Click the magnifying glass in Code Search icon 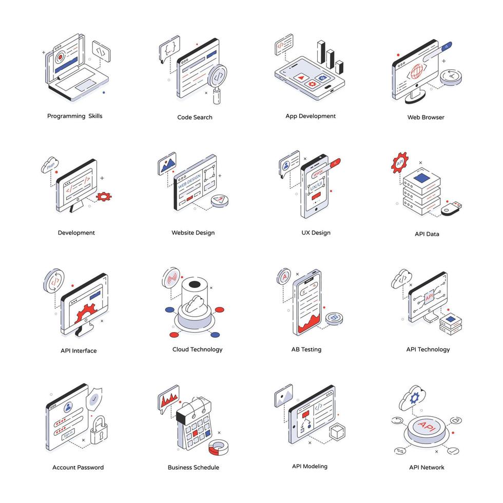(x=219, y=75)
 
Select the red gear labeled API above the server (x=400, y=162)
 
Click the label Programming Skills (x=75, y=116)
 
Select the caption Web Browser (x=425, y=117)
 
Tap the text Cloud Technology (x=197, y=350)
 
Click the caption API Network (x=427, y=467)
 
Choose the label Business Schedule (x=193, y=467)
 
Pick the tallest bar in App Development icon (x=321, y=52)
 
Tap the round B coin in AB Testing (x=335, y=318)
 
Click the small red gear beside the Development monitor (x=104, y=196)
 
